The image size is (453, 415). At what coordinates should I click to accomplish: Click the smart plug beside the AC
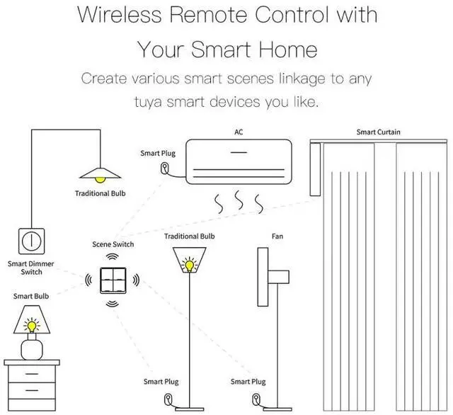click(x=166, y=169)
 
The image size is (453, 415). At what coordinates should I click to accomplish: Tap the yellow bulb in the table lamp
click(x=31, y=326)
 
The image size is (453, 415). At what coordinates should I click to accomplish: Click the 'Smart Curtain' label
click(x=378, y=132)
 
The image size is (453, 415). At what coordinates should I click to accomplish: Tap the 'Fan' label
click(x=277, y=236)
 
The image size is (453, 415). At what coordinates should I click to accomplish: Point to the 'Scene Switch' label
click(x=113, y=244)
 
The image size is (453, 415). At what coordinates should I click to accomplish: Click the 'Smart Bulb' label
click(x=31, y=295)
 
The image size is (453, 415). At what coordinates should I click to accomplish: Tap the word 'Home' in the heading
click(x=287, y=50)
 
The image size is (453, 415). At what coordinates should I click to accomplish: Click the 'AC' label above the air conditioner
click(x=239, y=132)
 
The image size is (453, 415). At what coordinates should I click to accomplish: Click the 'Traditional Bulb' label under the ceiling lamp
click(x=100, y=193)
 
